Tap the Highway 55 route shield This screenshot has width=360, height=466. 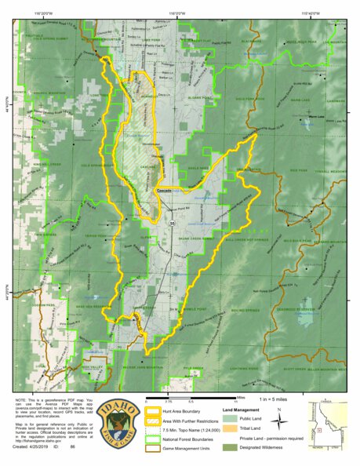tap(172, 224)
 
